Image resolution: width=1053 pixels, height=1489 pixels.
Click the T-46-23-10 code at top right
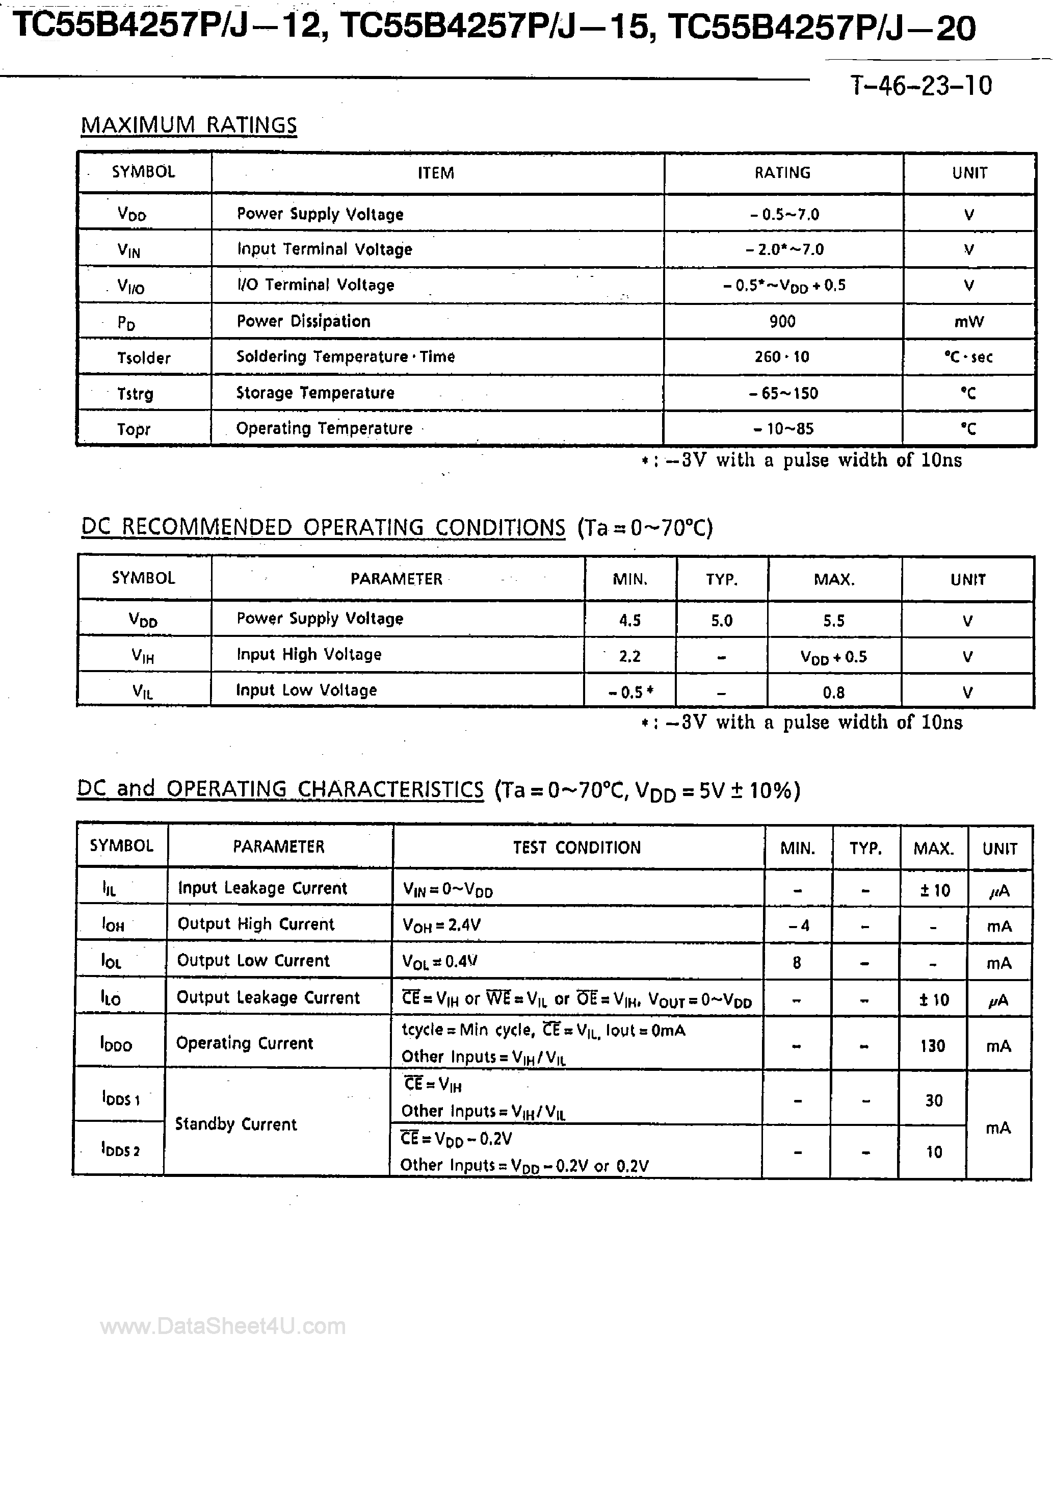coord(922,86)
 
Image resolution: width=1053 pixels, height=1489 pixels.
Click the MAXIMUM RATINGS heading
coord(189,124)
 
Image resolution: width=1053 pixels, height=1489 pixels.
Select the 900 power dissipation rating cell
coord(783,321)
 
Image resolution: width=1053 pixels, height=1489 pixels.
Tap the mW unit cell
coord(969,322)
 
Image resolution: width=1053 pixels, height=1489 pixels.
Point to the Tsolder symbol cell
coord(143,358)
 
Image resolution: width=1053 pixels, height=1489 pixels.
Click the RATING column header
coord(783,172)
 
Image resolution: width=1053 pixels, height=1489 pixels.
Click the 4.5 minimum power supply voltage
coord(629,621)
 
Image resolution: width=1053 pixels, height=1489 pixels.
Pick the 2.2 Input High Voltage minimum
coord(629,656)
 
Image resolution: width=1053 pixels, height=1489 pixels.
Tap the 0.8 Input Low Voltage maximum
coord(834,692)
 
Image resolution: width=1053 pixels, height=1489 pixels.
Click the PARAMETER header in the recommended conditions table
coord(396,578)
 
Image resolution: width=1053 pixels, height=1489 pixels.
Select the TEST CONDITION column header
coord(576,848)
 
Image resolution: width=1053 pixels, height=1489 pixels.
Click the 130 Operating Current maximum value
coord(932,1045)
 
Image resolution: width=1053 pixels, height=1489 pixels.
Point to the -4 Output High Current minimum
coord(798,926)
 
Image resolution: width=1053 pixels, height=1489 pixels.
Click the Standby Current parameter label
coord(236,1124)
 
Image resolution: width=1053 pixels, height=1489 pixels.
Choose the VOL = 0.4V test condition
coord(441,961)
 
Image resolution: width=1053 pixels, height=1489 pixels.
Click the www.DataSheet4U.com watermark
coord(223,1326)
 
